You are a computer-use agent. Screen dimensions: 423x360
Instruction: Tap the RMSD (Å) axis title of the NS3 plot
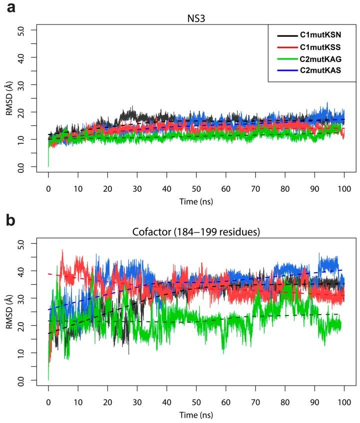point(9,99)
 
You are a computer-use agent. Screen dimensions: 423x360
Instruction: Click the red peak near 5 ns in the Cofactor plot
point(62,250)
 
